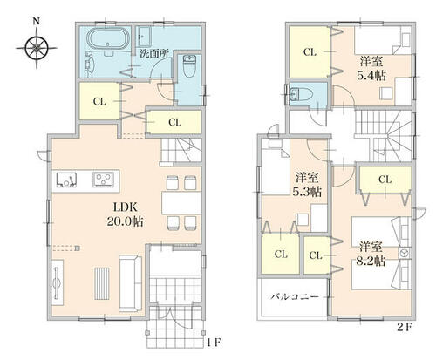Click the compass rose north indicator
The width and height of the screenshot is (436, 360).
[37, 47]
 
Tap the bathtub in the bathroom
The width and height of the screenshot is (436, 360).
[108, 38]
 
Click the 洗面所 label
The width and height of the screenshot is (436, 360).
[153, 54]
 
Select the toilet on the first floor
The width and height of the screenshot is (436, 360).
[189, 66]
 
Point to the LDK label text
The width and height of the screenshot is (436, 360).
[125, 207]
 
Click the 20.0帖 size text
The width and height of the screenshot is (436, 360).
[125, 221]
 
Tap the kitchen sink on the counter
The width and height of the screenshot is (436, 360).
[66, 180]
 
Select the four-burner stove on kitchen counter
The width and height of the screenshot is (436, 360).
[103, 180]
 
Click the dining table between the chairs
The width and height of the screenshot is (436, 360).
[181, 203]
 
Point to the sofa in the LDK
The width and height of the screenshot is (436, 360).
[130, 283]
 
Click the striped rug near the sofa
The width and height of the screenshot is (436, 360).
[102, 283]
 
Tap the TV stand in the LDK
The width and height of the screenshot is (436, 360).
[58, 282]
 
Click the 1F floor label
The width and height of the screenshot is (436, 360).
[215, 343]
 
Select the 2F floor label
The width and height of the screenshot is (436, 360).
[405, 328]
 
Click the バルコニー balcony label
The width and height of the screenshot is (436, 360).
[295, 297]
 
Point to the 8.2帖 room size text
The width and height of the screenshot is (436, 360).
[371, 262]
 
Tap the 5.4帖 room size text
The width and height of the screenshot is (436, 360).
[371, 76]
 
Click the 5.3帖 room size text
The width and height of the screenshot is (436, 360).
[307, 192]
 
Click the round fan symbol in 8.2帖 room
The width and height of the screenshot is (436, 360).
[404, 253]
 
